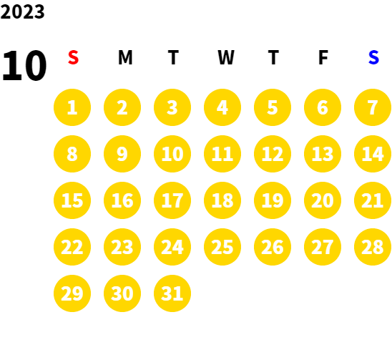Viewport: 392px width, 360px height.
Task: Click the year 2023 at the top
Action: point(22,11)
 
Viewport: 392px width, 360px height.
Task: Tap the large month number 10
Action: point(24,65)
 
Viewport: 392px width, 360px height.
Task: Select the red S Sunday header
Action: point(73,57)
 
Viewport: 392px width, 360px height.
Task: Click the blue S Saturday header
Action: point(373,57)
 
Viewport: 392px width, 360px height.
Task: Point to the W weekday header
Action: point(226,57)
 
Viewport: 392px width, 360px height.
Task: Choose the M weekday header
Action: point(125,57)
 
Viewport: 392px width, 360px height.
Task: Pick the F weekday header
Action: point(323,57)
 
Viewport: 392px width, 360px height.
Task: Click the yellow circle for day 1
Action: point(72,107)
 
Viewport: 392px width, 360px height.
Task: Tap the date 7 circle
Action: point(373,107)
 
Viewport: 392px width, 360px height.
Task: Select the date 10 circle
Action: point(172,154)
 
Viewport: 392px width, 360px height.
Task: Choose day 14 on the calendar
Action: point(373,154)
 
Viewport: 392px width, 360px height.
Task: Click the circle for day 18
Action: point(222,200)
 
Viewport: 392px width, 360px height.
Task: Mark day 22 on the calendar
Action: point(72,247)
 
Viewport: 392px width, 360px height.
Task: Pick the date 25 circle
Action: point(222,247)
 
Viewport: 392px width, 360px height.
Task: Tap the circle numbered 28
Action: point(373,247)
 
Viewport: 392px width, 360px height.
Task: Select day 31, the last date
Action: point(172,293)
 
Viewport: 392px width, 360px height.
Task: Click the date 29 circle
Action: point(72,293)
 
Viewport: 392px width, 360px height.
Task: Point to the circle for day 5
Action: point(273,107)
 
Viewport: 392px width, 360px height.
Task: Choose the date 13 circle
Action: point(323,154)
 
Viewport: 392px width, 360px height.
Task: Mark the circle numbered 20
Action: point(323,200)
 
